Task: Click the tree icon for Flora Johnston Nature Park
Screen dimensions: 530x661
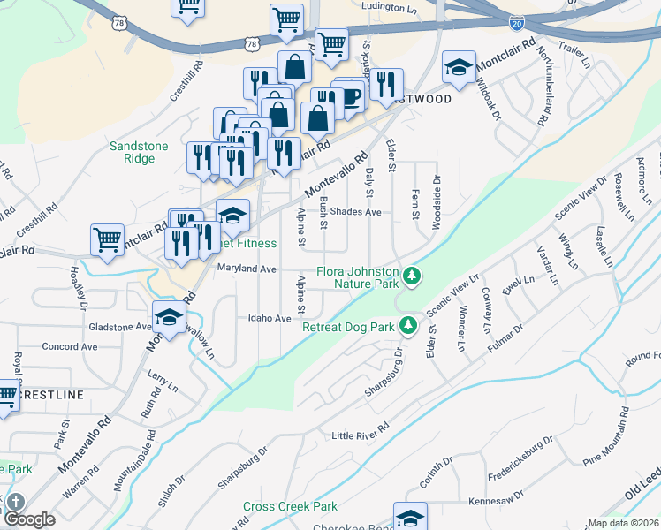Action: coord(411,277)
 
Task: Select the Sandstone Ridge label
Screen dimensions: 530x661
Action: coord(133,153)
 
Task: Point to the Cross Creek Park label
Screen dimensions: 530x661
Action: coord(291,507)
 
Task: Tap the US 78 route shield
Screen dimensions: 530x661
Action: coord(254,43)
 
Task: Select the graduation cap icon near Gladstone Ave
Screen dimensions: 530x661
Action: coord(169,317)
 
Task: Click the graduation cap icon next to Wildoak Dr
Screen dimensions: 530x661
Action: coord(459,66)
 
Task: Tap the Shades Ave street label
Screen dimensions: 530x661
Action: coord(355,212)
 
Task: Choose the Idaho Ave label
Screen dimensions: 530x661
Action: coord(270,318)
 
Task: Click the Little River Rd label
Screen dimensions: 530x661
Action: coord(367,435)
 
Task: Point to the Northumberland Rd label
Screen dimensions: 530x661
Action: coord(542,87)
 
